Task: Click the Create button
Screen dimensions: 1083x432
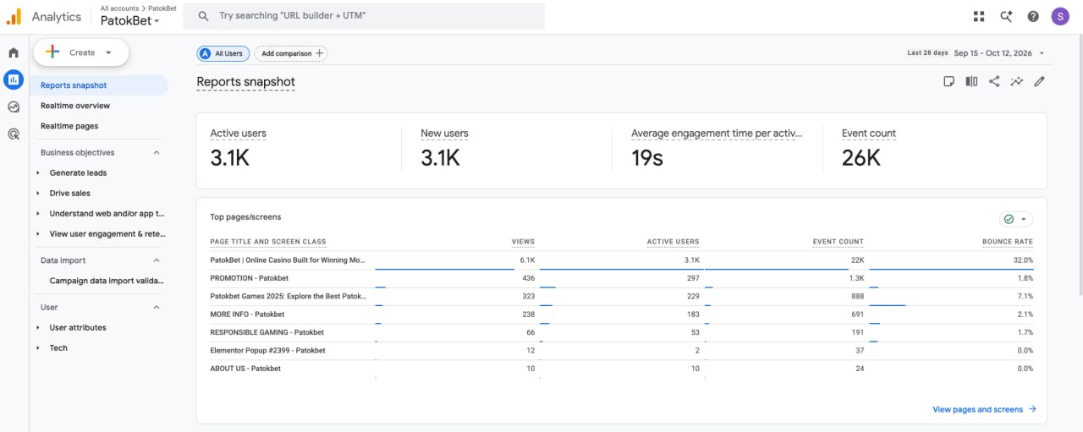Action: pos(80,52)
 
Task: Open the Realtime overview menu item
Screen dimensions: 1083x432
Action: pos(75,106)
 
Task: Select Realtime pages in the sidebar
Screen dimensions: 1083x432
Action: pos(69,126)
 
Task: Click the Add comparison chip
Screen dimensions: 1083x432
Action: pos(291,53)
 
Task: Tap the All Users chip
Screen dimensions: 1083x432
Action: pos(223,53)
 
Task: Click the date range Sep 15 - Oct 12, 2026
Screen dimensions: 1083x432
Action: pos(992,53)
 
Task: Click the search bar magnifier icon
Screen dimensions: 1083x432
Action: pos(203,16)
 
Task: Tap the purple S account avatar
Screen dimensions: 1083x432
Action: pos(1060,16)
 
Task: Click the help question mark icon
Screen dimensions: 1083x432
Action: pos(1033,16)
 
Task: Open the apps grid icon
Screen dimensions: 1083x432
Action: pos(979,16)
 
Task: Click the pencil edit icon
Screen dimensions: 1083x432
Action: pos(1039,81)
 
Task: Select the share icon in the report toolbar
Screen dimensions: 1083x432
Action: pos(994,81)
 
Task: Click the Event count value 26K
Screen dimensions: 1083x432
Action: pos(860,157)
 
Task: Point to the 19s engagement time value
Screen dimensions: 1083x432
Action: pos(647,157)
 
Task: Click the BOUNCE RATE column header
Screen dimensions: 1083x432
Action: pos(1007,242)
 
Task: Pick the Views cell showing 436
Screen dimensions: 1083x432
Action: pos(529,278)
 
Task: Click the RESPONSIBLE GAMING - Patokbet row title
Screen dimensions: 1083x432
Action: pos(267,332)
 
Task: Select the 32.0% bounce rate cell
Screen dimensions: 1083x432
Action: pos(1023,260)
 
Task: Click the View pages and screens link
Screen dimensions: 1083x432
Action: pos(977,409)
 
